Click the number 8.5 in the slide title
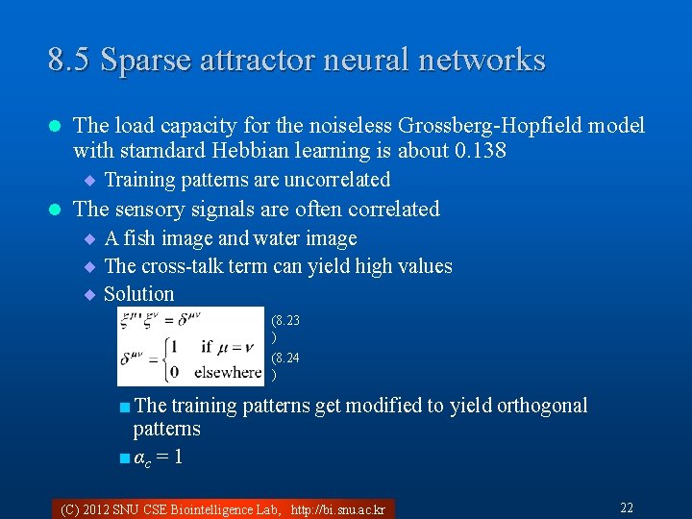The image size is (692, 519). point(69,61)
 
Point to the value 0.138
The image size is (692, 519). point(481,151)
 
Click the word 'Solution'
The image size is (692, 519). point(139,294)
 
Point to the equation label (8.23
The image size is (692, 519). point(285,320)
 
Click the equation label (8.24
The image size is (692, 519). point(285,358)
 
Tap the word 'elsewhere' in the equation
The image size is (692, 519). point(227,371)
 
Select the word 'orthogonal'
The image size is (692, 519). point(542,406)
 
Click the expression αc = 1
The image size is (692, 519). point(158,457)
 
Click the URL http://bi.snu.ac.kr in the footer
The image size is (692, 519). point(337,509)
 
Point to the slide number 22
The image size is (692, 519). point(627,507)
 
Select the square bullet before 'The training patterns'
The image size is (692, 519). point(125,407)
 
